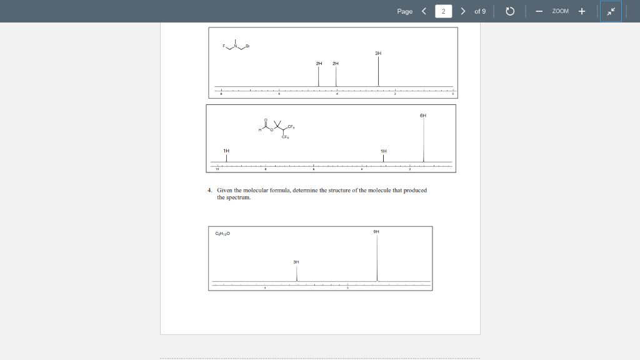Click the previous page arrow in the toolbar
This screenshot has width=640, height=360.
point(424,11)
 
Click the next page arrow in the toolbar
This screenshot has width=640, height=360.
point(462,11)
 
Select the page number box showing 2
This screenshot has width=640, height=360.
point(443,11)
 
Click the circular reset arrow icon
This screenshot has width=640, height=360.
point(509,11)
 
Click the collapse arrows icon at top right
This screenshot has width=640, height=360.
point(611,11)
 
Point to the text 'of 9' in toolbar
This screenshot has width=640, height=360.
point(480,11)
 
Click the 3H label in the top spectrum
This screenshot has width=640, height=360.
point(378,53)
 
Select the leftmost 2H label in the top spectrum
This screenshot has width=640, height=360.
point(319,63)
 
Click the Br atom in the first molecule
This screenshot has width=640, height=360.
point(247,46)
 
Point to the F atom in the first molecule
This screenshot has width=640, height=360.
point(224,47)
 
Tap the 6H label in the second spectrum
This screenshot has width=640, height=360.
point(423,115)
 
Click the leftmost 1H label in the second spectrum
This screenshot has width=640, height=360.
point(226,151)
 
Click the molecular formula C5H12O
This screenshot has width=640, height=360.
point(222,234)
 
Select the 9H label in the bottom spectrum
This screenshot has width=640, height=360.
point(376,232)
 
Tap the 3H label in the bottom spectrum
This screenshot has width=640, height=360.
point(296,262)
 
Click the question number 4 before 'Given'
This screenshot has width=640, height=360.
point(210,190)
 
